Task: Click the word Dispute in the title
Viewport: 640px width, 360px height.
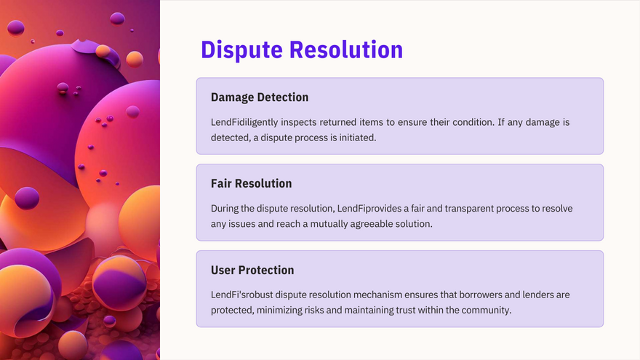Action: click(x=241, y=50)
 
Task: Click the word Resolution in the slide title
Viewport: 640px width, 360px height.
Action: click(x=346, y=49)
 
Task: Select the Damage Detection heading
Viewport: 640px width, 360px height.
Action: click(x=260, y=97)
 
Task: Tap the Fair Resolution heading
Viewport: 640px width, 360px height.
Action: click(x=252, y=183)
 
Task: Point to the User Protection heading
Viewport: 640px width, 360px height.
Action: click(x=252, y=270)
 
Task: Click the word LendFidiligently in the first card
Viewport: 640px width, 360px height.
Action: click(x=244, y=122)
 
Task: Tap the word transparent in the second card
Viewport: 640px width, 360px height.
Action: click(x=469, y=209)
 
